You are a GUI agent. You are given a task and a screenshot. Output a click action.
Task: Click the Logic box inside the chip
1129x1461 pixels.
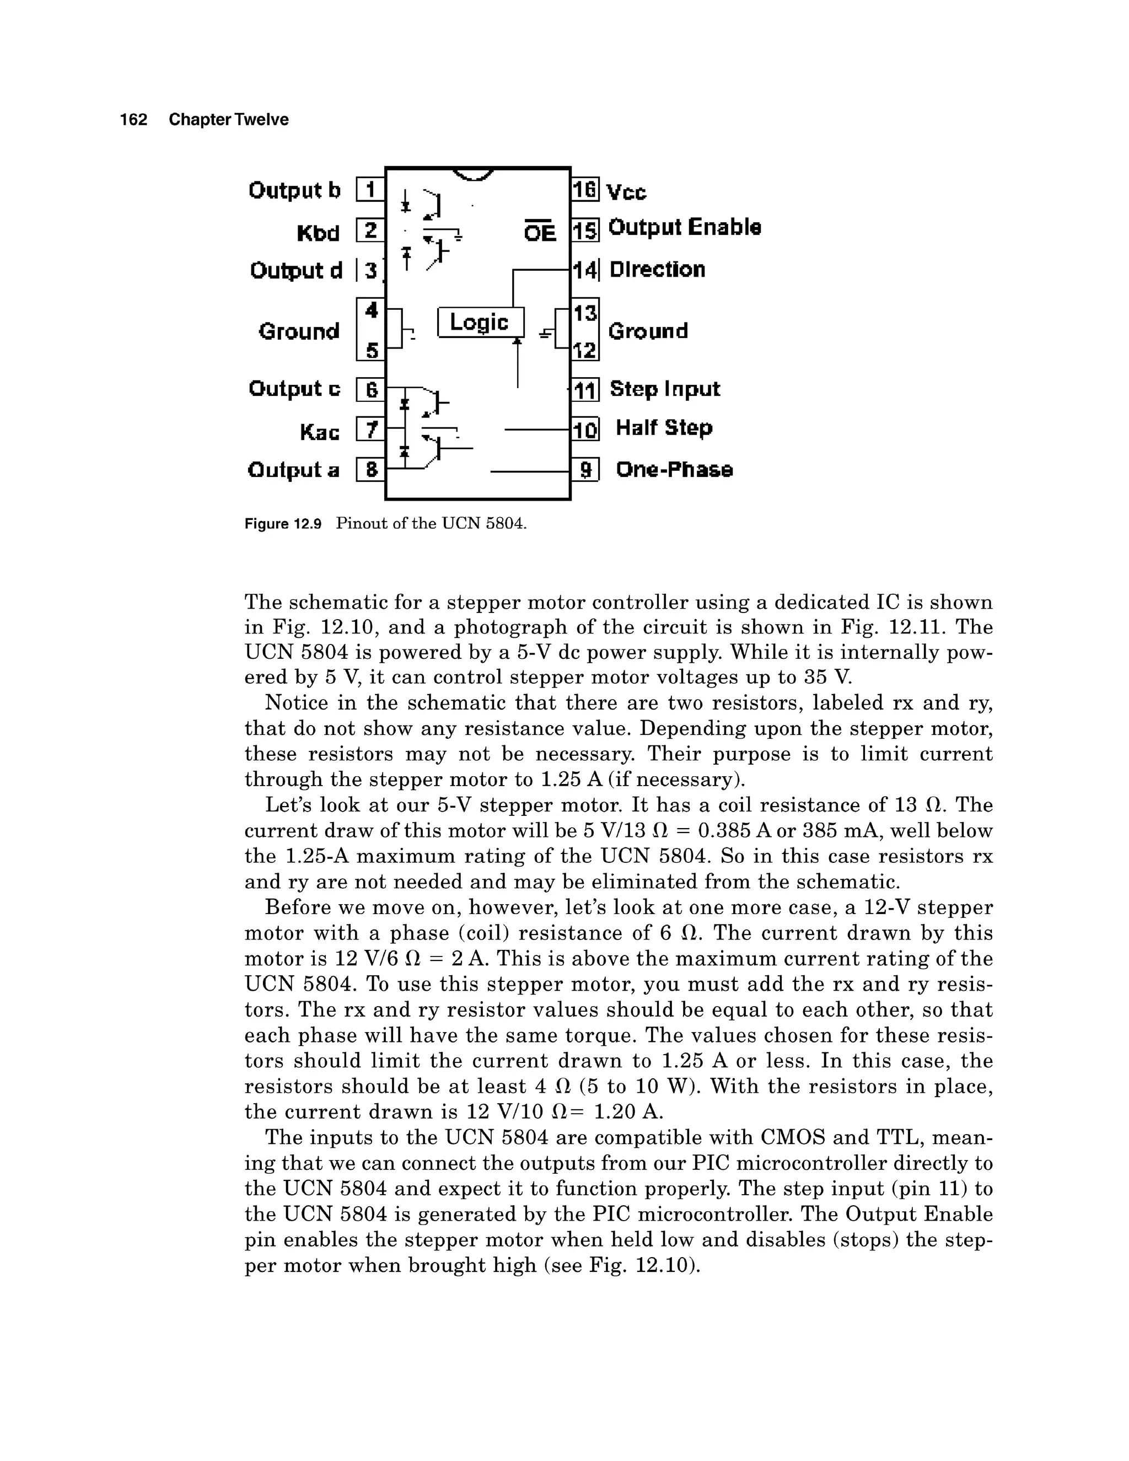(x=480, y=323)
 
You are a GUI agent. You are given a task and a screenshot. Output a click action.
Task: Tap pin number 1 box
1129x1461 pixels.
(x=370, y=190)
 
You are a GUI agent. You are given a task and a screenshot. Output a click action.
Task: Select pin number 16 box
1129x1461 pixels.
(x=584, y=190)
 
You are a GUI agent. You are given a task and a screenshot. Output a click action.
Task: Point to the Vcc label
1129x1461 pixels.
(x=626, y=192)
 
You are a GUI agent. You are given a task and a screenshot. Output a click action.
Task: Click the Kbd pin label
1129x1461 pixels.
(x=319, y=233)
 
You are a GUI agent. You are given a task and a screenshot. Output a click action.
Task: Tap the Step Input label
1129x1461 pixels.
(x=665, y=389)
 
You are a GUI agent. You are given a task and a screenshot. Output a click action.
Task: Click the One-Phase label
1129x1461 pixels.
(x=674, y=470)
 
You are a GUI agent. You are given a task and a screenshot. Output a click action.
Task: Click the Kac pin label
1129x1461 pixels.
(x=320, y=432)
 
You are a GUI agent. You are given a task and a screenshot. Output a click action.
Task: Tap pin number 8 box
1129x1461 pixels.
(x=370, y=470)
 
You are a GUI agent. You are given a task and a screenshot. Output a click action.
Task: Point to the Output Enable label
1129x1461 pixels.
(x=684, y=228)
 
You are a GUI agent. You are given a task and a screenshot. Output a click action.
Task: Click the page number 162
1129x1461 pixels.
(x=134, y=120)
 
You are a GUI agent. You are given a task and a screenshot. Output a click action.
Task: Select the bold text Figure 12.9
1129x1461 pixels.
(x=283, y=524)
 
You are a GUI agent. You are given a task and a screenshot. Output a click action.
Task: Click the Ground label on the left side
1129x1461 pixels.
(x=299, y=331)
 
